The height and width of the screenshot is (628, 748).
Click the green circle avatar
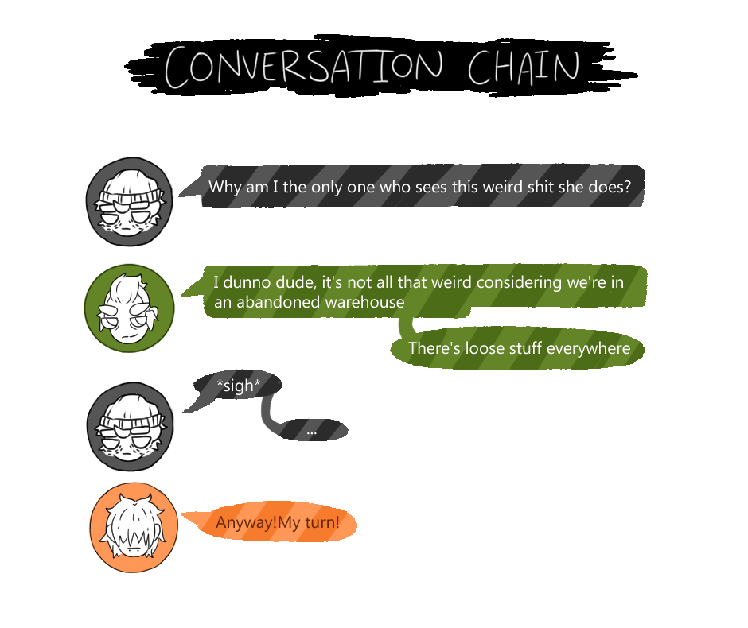click(129, 308)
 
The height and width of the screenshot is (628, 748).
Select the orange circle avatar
click(134, 527)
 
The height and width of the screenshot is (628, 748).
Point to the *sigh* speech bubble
click(238, 386)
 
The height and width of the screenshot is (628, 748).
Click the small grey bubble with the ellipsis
click(311, 430)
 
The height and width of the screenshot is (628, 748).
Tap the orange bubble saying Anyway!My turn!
click(277, 523)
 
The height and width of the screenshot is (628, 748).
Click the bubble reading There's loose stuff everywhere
click(519, 348)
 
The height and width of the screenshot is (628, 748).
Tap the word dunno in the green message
click(250, 281)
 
